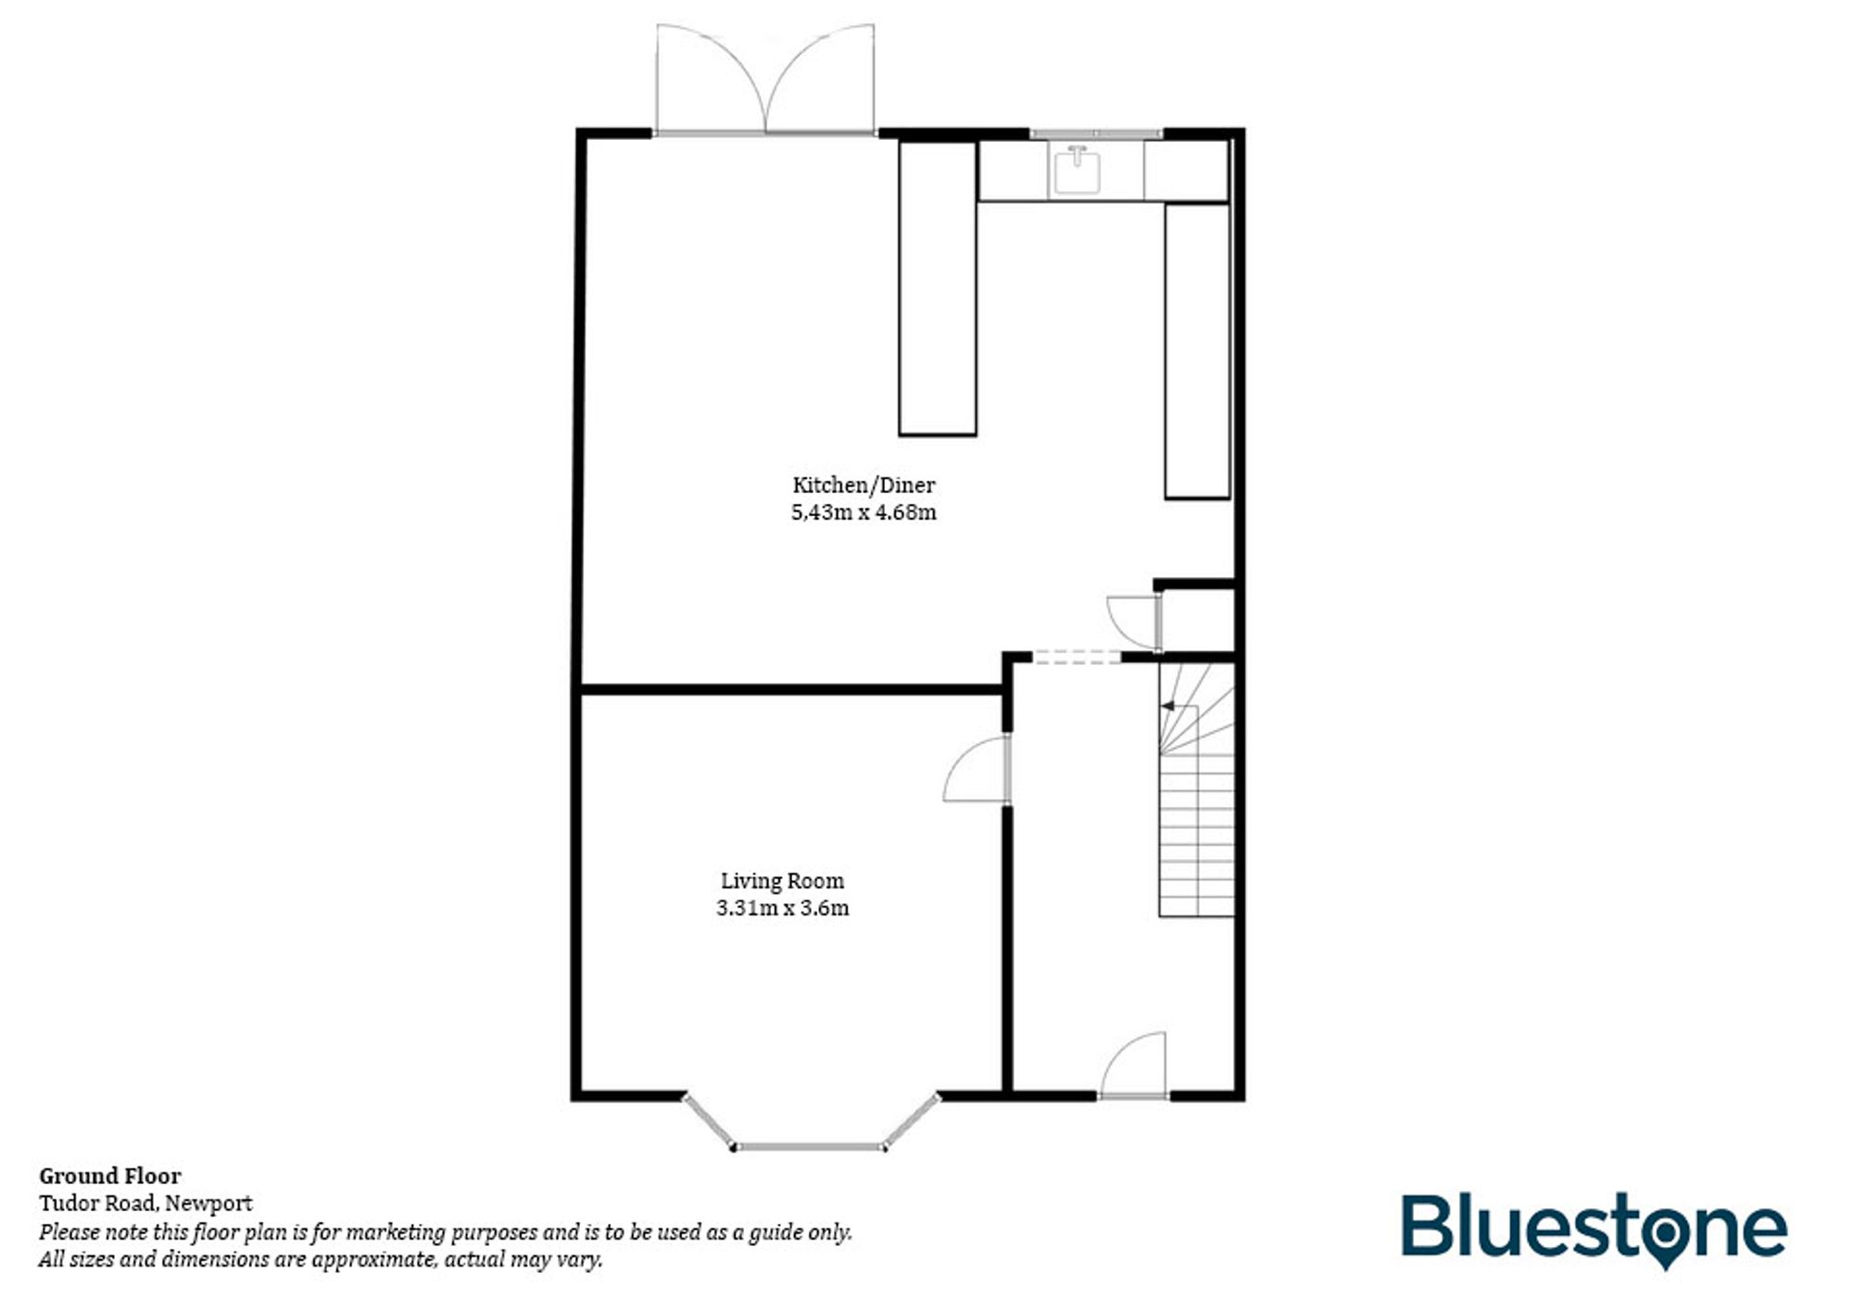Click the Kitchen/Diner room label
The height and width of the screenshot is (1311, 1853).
(x=863, y=485)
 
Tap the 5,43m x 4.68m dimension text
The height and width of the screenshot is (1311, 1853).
(x=863, y=512)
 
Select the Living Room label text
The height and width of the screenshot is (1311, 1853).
(x=783, y=881)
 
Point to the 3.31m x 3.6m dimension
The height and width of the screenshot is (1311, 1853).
(x=783, y=908)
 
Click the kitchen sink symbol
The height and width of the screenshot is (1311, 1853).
(x=1077, y=170)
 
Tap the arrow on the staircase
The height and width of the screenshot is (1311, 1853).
(x=1168, y=706)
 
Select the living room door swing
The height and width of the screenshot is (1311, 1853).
(x=977, y=771)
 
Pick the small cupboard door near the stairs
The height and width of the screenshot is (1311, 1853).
(x=1130, y=619)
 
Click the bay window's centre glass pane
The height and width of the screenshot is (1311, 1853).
(x=809, y=1147)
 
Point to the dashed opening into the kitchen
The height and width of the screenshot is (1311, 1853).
(x=1077, y=657)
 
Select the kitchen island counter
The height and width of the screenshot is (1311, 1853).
(x=938, y=287)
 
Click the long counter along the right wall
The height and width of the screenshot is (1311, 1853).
(x=1197, y=350)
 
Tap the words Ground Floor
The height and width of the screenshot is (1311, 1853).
(x=110, y=1176)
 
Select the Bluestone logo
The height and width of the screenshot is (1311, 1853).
(x=1594, y=1229)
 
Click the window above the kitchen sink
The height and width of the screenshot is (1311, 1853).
(x=1095, y=134)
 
